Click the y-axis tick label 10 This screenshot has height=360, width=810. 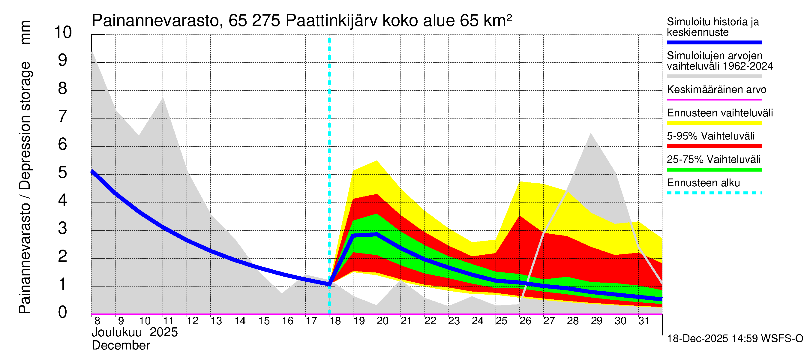tap(63, 32)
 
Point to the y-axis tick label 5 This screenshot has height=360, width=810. tap(63, 172)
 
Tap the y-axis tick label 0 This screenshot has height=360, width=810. tap(63, 312)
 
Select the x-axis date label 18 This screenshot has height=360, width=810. tap(335, 321)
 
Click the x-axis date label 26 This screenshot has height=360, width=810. tap(525, 321)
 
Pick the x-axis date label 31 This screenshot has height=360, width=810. tap(644, 321)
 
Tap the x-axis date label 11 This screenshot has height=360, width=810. tap(168, 321)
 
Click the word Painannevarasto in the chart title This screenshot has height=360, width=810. tap(155, 21)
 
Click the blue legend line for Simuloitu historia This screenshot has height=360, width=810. tap(714, 42)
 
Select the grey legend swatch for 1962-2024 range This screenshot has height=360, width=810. tap(714, 76)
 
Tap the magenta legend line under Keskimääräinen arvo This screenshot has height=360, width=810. tap(714, 100)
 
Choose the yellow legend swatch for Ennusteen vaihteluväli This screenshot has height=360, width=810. tap(714, 123)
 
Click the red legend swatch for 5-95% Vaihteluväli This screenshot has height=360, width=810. tap(714, 146)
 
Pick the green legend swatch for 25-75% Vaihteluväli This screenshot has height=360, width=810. tap(714, 170)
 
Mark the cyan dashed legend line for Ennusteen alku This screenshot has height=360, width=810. tap(714, 193)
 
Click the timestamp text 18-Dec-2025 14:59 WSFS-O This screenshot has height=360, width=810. tap(735, 339)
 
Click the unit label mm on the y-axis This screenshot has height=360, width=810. tap(25, 32)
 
